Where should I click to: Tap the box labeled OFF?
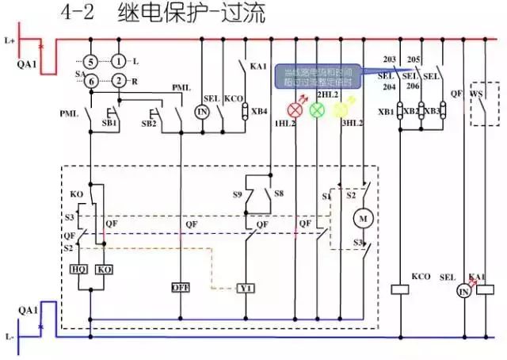[181, 287]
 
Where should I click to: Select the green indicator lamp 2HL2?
[317, 109]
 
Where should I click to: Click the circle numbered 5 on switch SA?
[91, 61]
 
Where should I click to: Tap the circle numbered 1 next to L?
[118, 61]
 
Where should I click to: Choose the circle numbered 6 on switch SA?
[91, 80]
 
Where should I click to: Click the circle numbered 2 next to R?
[118, 80]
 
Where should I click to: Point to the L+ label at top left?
[10, 38]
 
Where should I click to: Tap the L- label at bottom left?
[10, 336]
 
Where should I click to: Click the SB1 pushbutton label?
[109, 124]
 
